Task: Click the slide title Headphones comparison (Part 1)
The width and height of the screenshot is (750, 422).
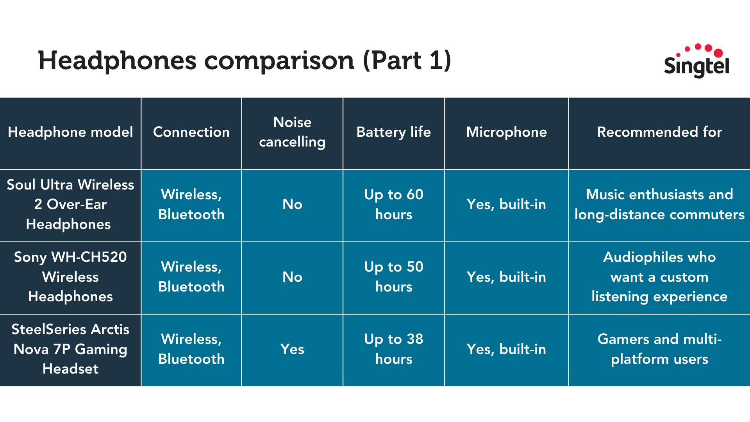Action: pyautogui.click(x=245, y=61)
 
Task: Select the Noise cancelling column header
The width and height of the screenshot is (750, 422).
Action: pyautogui.click(x=292, y=132)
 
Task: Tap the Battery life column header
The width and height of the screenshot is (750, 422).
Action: pyautogui.click(x=394, y=132)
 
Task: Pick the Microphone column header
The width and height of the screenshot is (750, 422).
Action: pyautogui.click(x=506, y=132)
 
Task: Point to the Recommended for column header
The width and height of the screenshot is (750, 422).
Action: pyautogui.click(x=659, y=132)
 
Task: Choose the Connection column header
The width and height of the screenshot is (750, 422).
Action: pyautogui.click(x=191, y=132)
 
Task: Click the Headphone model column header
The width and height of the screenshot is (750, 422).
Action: pyautogui.click(x=70, y=132)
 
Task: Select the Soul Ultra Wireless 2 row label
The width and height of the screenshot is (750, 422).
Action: pyautogui.click(x=70, y=204)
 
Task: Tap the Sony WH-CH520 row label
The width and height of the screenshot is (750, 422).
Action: pyautogui.click(x=70, y=277)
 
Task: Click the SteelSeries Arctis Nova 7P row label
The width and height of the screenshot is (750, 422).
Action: pyautogui.click(x=70, y=349)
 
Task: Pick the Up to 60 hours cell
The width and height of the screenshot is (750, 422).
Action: pyautogui.click(x=394, y=204)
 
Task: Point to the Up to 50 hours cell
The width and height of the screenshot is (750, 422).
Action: pyautogui.click(x=394, y=277)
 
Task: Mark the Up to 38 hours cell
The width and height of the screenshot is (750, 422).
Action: pyautogui.click(x=394, y=349)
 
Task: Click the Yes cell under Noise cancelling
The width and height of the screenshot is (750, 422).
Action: pyautogui.click(x=292, y=349)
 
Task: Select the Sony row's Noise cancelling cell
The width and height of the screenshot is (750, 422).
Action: pyautogui.click(x=292, y=277)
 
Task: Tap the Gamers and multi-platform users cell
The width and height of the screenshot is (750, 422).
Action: pyautogui.click(x=659, y=349)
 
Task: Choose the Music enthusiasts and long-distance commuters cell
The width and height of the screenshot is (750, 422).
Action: pyautogui.click(x=659, y=204)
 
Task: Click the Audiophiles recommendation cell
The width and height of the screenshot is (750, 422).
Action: pyautogui.click(x=659, y=277)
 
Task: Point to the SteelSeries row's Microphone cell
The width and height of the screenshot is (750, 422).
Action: pyautogui.click(x=506, y=349)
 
